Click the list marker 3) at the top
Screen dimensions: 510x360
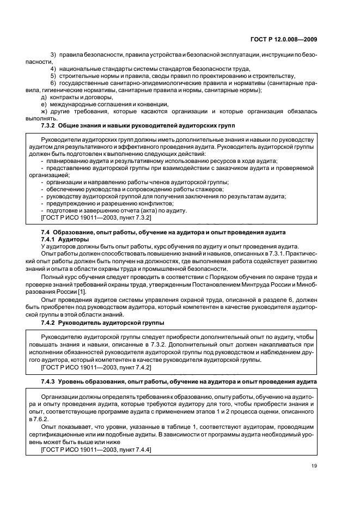(53, 56)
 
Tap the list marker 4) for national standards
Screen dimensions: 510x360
(53, 69)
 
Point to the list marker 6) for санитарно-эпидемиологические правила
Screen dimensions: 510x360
(53, 83)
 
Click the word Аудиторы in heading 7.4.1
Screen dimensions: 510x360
(74, 239)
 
